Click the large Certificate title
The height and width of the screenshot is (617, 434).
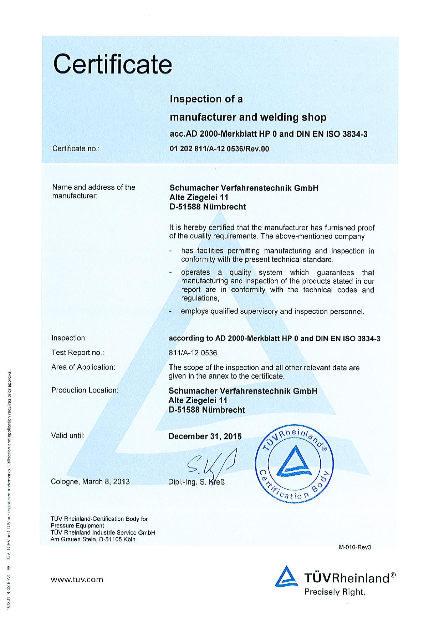coord(113,64)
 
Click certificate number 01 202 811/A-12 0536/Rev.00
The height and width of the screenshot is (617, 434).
coord(219,149)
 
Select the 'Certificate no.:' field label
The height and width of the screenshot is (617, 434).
coord(76,149)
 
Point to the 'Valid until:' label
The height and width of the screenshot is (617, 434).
coord(68,435)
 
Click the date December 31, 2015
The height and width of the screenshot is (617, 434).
coord(205,436)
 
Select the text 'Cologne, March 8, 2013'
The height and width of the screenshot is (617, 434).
coord(90,481)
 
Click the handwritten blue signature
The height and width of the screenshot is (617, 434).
coord(210,463)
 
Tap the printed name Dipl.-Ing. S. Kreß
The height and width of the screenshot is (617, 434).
coord(196,482)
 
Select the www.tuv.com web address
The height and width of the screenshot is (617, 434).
coord(77,579)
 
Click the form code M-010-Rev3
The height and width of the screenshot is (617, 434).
coord(355,547)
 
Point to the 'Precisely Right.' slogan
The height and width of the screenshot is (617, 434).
coord(335,592)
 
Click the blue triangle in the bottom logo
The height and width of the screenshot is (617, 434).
coord(286,576)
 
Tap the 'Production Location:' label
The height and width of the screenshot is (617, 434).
coord(85,390)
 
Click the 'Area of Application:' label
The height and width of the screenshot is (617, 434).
coord(83,367)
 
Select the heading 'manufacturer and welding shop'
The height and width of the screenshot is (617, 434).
coord(248,117)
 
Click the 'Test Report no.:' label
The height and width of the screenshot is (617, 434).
coord(77,353)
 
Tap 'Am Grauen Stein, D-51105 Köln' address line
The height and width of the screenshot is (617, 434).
coord(93,539)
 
